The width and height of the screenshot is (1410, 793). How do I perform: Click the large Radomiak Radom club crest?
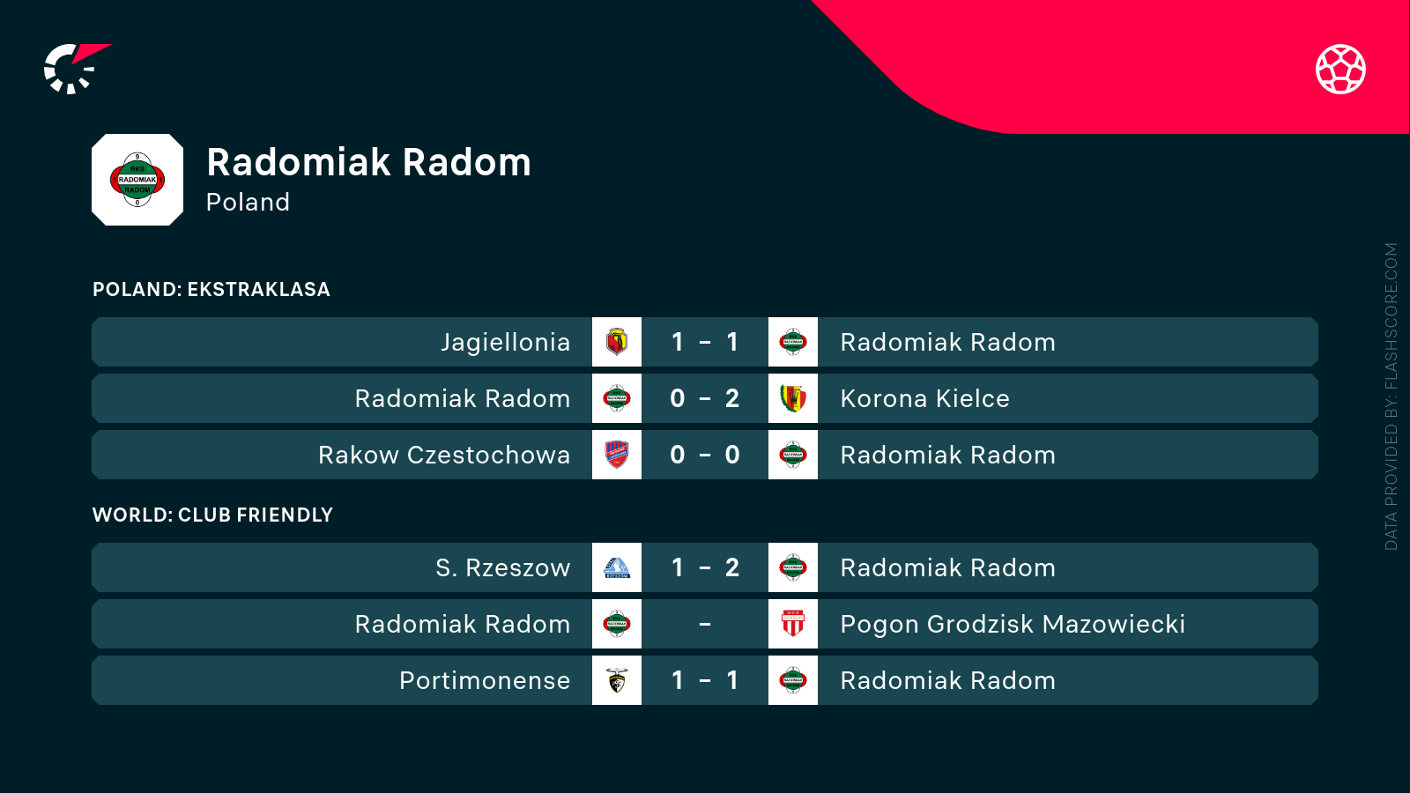pos(137,180)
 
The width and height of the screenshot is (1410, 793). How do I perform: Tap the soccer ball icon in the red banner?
pos(1340,70)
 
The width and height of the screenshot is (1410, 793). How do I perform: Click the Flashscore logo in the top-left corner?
pos(76,69)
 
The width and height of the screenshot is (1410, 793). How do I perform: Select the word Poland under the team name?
pos(248,202)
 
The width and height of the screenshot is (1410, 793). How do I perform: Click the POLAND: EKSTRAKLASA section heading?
pos(211,289)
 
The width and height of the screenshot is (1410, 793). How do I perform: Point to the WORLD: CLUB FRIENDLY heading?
pos(212,515)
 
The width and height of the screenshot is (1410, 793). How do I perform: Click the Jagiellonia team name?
pos(506,343)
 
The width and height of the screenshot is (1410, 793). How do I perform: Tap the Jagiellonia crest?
pos(617,342)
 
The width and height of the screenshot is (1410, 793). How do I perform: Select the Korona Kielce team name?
pos(924,398)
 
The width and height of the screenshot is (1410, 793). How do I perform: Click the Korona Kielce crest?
pos(793,398)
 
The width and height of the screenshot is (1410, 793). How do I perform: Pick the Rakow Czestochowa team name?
pos(444,455)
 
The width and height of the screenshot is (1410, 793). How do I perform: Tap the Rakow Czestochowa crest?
pos(617,455)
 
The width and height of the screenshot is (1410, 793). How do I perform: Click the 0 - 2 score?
pos(704,398)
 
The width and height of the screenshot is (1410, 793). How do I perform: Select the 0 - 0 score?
pos(704,455)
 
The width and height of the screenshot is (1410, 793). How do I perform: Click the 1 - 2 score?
pos(704,567)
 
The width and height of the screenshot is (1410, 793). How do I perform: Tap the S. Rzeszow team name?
pos(503,567)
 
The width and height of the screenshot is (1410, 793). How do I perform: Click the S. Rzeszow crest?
pos(617,567)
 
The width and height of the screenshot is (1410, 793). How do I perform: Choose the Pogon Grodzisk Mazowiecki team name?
pos(1013,625)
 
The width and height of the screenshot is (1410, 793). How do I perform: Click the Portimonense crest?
pos(617,680)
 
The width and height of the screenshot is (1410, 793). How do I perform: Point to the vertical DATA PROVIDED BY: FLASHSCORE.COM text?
pos(1391,396)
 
